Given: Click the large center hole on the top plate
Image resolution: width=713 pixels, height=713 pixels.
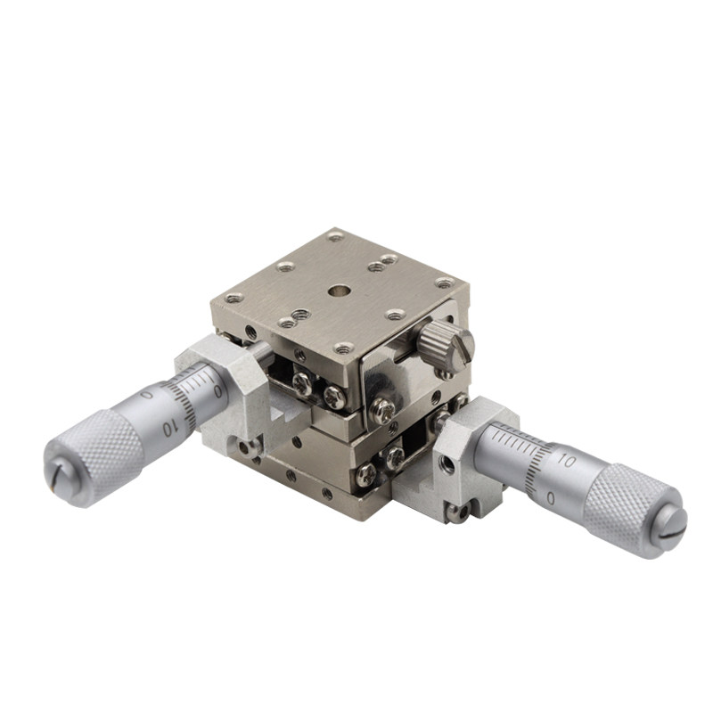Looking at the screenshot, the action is pyautogui.click(x=338, y=290).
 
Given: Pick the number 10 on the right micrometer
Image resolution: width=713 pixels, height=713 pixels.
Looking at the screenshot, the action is pyautogui.click(x=566, y=461).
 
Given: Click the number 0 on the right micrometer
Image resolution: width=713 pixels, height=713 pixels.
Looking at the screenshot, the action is pyautogui.click(x=551, y=499).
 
